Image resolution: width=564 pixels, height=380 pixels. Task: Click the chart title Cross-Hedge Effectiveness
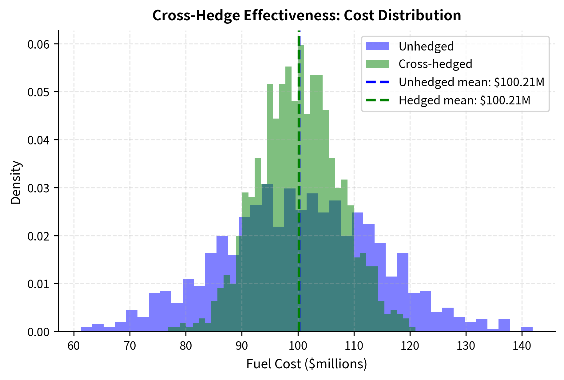pyautogui.click(x=307, y=15)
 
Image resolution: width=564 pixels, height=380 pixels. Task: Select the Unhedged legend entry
pyautogui.click(x=426, y=46)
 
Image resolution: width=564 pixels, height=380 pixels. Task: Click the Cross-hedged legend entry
pyautogui.click(x=435, y=64)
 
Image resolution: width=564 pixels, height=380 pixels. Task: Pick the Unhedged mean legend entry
pyautogui.click(x=471, y=82)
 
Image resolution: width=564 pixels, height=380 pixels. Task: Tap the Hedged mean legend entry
pyautogui.click(x=464, y=100)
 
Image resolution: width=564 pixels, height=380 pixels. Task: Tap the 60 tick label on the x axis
pyautogui.click(x=74, y=346)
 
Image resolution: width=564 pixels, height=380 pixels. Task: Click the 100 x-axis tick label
pyautogui.click(x=298, y=346)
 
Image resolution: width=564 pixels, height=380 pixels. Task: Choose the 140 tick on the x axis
pyautogui.click(x=522, y=346)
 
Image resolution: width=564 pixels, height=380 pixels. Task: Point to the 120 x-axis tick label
pyautogui.click(x=410, y=346)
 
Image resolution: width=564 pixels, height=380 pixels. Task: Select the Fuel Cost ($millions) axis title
pyautogui.click(x=307, y=364)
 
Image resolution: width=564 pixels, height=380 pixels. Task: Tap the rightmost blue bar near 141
pyautogui.click(x=527, y=329)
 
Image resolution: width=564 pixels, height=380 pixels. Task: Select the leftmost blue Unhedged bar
pyautogui.click(x=86, y=329)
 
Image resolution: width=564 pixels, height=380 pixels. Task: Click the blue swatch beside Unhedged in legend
pyautogui.click(x=378, y=46)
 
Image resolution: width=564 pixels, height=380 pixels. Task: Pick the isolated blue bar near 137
pyautogui.click(x=504, y=325)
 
